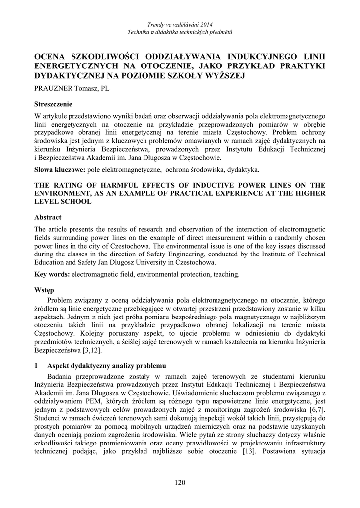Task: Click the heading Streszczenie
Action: click(x=53, y=104)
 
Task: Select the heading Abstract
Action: click(x=48, y=217)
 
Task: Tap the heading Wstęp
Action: click(x=44, y=290)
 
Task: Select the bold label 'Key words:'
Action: click(x=52, y=274)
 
